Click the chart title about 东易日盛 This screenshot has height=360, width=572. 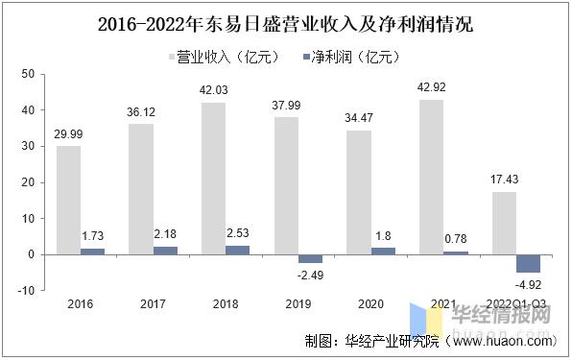(285, 24)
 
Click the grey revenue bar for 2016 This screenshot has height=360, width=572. (69, 200)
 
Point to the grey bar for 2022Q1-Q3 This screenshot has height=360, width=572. (504, 223)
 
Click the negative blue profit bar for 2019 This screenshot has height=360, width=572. (285, 259)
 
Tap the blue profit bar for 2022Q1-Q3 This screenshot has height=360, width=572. (529, 263)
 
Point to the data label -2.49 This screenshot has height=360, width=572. (285, 276)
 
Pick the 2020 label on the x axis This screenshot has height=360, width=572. (370, 304)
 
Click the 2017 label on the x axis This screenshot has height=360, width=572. (153, 304)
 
